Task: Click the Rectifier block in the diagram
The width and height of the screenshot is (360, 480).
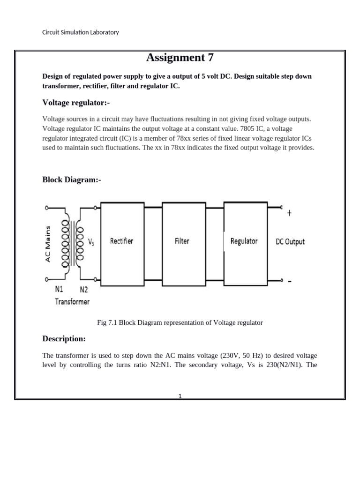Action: pyautogui.click(x=122, y=241)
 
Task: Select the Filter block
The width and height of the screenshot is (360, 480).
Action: pyautogui.click(x=182, y=241)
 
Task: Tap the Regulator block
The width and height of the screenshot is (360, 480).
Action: pyautogui.click(x=244, y=241)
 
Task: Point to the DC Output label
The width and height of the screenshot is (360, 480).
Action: pyautogui.click(x=290, y=242)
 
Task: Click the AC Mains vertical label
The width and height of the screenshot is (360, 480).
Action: pyautogui.click(x=48, y=242)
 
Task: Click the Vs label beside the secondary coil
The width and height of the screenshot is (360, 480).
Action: pyautogui.click(x=91, y=242)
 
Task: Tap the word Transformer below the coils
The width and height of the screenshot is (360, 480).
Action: pyautogui.click(x=72, y=301)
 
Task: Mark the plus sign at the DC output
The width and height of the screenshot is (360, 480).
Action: pyautogui.click(x=289, y=213)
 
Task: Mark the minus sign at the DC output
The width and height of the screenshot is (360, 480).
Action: pyautogui.click(x=289, y=281)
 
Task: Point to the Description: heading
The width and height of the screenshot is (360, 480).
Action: pyautogui.click(x=64, y=338)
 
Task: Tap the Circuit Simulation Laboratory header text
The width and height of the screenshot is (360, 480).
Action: pyautogui.click(x=81, y=32)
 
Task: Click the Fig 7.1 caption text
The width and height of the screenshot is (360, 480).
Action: pyautogui.click(x=180, y=322)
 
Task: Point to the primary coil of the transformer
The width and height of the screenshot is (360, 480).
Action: pyautogui.click(x=65, y=242)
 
